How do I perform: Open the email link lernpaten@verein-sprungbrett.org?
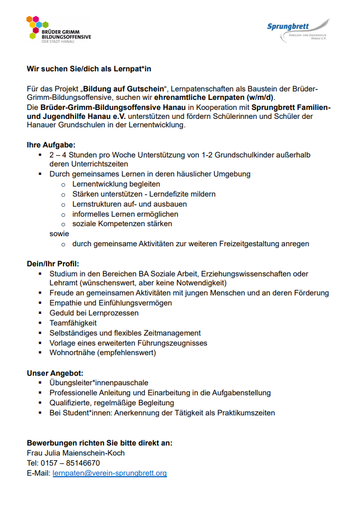click(x=109, y=473)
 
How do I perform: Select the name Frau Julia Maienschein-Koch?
click(x=76, y=453)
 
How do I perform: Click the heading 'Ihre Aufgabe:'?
click(x=51, y=144)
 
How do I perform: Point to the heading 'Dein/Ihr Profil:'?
click(x=53, y=264)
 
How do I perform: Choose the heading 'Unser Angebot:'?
click(x=55, y=373)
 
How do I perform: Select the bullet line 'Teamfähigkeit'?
click(x=73, y=323)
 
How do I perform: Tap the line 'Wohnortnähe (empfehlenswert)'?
click(x=103, y=353)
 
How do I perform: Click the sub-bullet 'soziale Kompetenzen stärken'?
click(x=122, y=224)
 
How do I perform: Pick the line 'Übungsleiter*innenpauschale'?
click(x=99, y=383)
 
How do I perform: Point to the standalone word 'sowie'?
click(x=59, y=234)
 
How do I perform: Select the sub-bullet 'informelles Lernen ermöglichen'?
click(x=125, y=214)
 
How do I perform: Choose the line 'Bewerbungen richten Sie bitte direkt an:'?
click(x=99, y=443)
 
